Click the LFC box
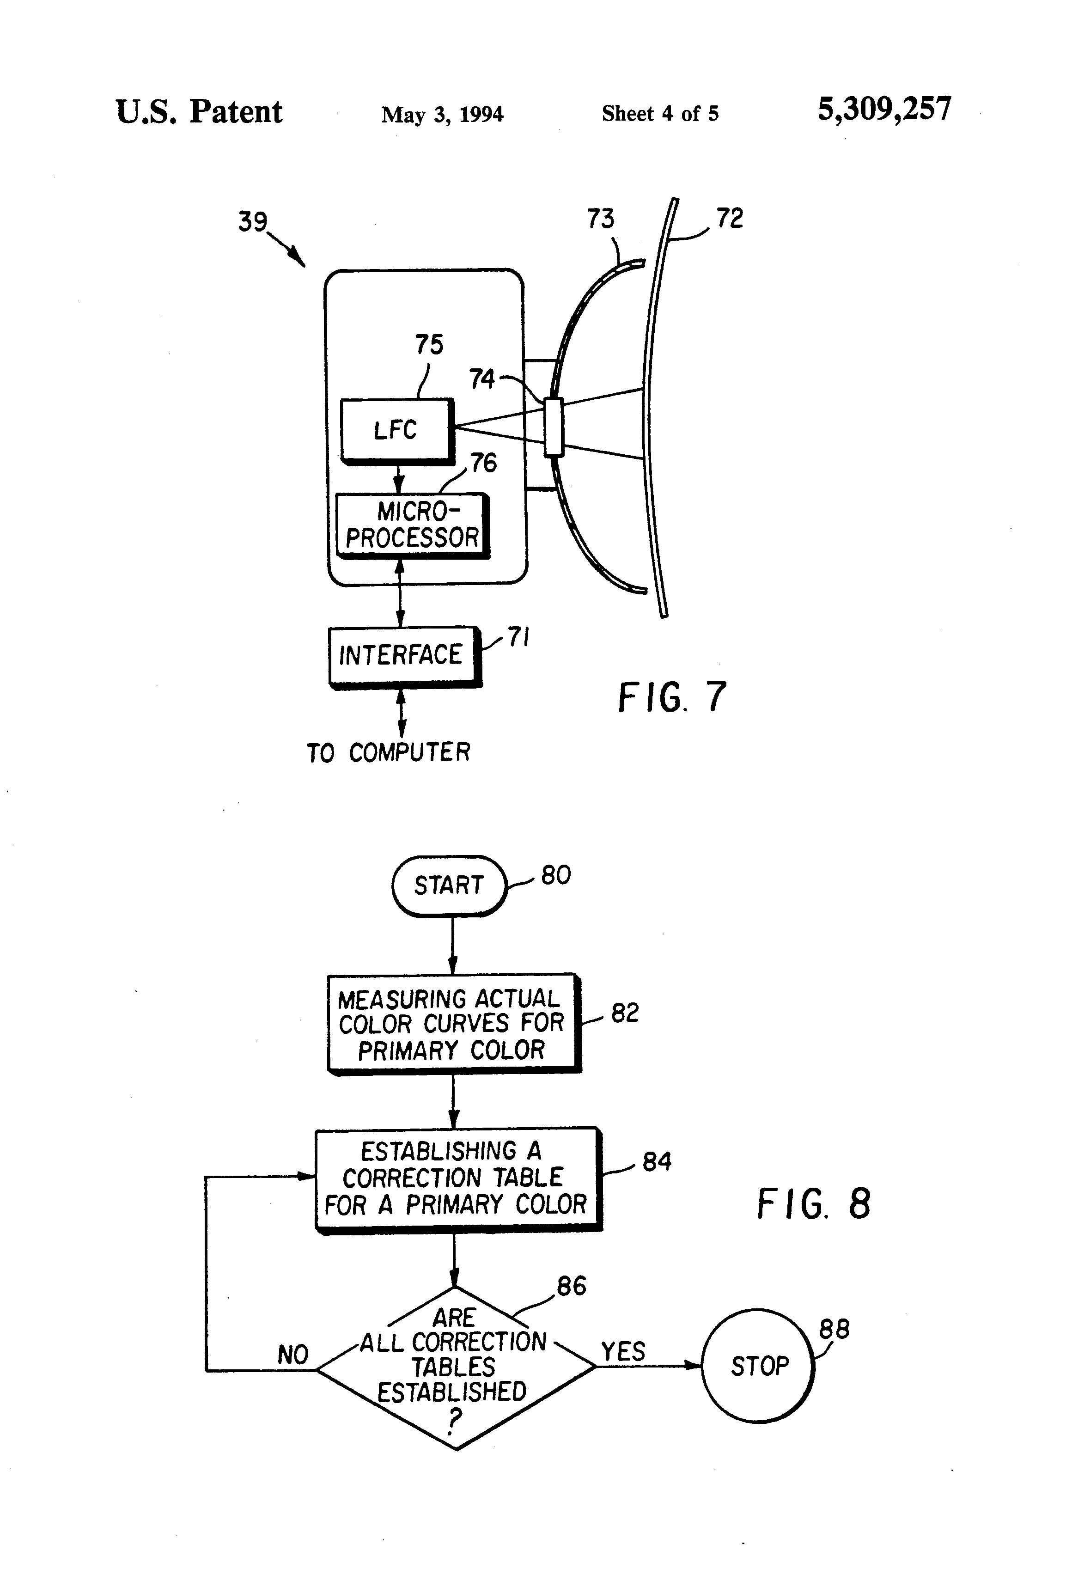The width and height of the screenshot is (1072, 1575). [x=397, y=431]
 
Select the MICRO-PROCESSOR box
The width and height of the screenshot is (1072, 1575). [x=413, y=526]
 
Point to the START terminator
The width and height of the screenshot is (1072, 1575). [x=449, y=886]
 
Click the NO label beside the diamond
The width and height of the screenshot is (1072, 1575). [x=293, y=1355]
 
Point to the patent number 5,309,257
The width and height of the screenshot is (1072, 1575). [x=884, y=109]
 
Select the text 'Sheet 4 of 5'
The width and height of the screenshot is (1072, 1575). [x=660, y=113]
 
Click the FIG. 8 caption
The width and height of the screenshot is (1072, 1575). [x=813, y=1203]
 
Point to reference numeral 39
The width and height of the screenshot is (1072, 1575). [x=253, y=222]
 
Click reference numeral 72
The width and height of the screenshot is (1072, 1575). [x=730, y=218]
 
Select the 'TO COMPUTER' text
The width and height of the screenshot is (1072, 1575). [x=388, y=752]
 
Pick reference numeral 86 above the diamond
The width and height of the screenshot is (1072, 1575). [x=571, y=1286]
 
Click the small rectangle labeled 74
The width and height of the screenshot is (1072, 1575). [x=554, y=427]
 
